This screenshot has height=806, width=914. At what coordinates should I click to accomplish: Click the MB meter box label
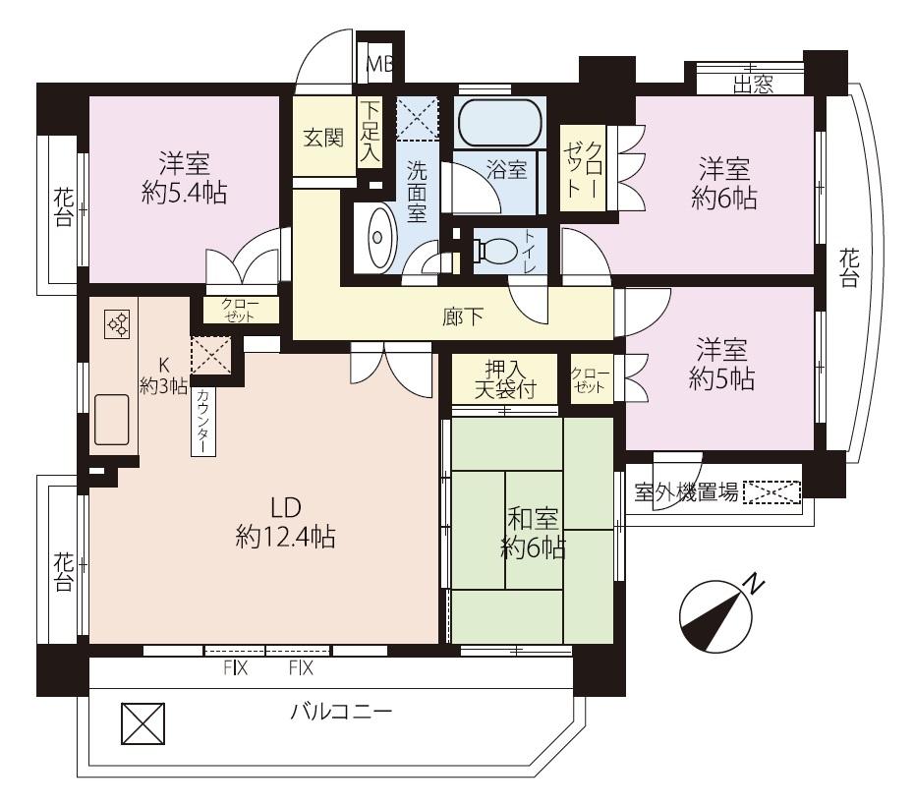point(378,66)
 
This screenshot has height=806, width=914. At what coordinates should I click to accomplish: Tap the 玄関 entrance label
point(322,138)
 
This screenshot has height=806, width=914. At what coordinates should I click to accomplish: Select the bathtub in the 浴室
point(498,123)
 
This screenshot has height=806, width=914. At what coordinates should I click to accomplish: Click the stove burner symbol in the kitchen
point(116,324)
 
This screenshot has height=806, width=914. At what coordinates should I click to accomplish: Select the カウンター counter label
point(201,420)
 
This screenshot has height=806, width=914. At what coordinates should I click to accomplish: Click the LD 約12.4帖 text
point(286,523)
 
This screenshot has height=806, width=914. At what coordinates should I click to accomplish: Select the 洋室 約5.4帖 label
point(184,177)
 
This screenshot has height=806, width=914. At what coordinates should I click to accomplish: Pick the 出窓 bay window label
point(752,85)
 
